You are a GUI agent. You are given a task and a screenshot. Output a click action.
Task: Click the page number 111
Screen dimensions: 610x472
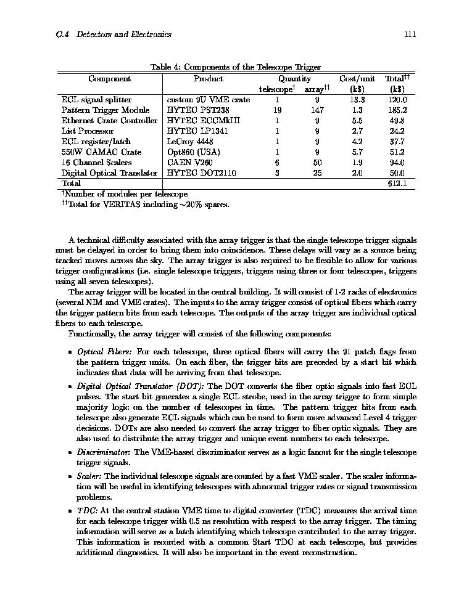[x=410, y=35]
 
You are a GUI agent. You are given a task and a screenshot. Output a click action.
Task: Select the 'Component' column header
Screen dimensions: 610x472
[x=109, y=78]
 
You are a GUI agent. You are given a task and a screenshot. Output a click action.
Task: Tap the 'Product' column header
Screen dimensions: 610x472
[x=208, y=78]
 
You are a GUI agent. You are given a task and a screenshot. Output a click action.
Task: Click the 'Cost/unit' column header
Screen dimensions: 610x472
[x=357, y=78]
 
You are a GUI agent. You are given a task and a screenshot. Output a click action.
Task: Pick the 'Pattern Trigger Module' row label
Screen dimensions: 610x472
[x=105, y=110]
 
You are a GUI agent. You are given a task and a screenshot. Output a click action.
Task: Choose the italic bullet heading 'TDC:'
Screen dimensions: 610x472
[x=87, y=511]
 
